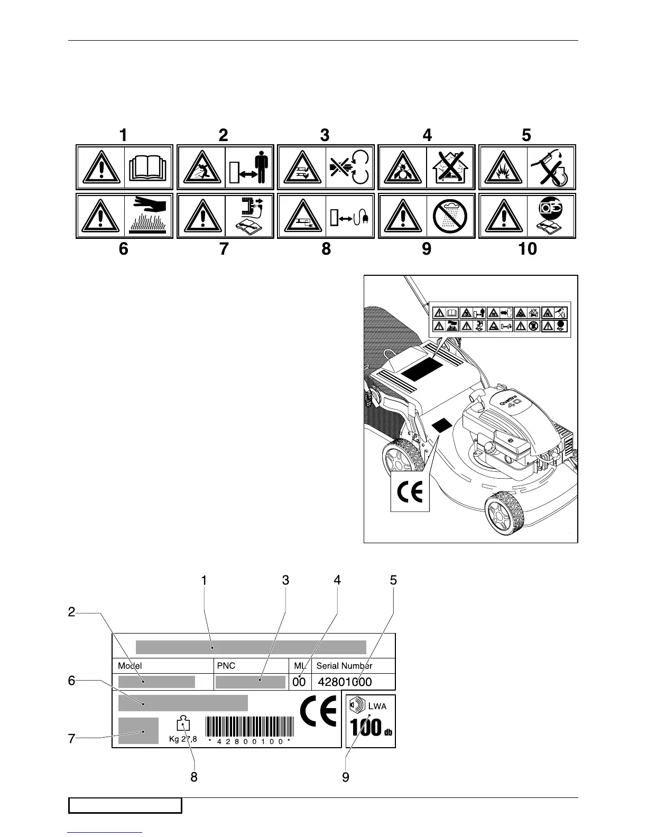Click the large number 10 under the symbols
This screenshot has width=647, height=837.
(x=527, y=248)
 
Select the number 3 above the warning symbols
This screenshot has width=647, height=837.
(x=325, y=135)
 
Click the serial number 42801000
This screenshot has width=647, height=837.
(x=345, y=682)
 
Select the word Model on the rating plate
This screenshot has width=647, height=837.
(x=130, y=666)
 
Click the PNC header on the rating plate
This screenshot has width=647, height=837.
(x=226, y=666)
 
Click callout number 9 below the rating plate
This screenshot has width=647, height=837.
(x=346, y=778)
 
